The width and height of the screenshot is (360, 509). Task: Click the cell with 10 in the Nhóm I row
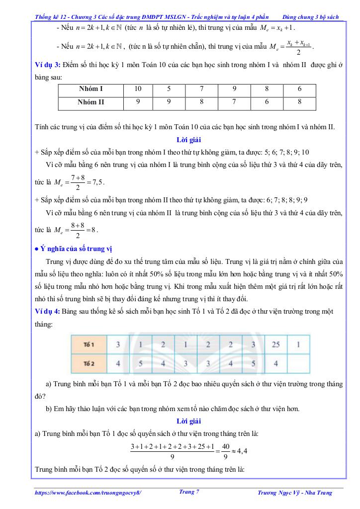[x=138, y=89]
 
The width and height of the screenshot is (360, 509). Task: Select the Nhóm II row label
[x=90, y=103]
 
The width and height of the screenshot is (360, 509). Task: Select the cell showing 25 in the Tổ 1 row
[x=275, y=344]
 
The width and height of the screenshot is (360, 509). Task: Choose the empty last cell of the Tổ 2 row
[x=297, y=363]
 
